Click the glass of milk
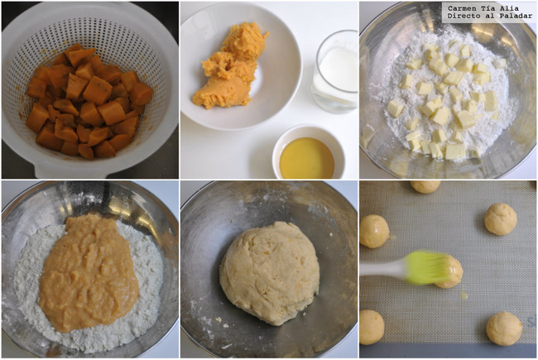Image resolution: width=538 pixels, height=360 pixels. pyautogui.click(x=335, y=72)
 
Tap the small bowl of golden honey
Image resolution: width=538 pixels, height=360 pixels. pyautogui.click(x=309, y=153)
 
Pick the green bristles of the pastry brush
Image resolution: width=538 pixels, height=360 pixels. pyautogui.click(x=426, y=267)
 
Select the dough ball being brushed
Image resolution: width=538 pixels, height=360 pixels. pyautogui.click(x=449, y=271)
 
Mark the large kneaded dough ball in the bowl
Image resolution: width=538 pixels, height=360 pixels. pyautogui.click(x=269, y=273)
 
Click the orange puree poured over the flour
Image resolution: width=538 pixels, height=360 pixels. pyautogui.click(x=88, y=273)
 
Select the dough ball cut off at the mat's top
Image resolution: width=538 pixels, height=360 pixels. pyautogui.click(x=425, y=186)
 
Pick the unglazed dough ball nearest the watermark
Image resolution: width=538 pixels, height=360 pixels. pyautogui.click(x=501, y=219)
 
